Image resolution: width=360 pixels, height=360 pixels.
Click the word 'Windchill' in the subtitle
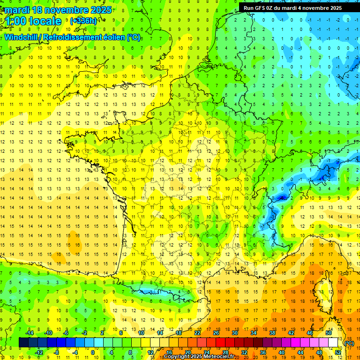pyautogui.click(x=24, y=37)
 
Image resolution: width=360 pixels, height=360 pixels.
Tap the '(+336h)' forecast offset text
pyautogui.click(x=83, y=21)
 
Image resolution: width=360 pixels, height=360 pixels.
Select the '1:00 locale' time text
pyautogui.click(x=33, y=21)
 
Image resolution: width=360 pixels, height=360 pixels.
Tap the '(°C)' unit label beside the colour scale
pyautogui.click(x=349, y=343)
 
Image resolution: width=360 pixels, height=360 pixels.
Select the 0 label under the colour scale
pyautogui.click(x=92, y=352)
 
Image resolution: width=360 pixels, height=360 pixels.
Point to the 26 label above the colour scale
pyautogui.click(x=216, y=332)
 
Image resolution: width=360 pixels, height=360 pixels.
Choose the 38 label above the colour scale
pyautogui.click(x=272, y=332)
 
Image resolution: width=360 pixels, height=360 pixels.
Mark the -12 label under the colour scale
pyautogui.click(x=39, y=352)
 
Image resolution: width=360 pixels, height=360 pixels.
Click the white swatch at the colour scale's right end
pyautogui.click(x=333, y=343)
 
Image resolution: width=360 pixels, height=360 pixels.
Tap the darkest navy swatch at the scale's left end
pyautogui.click(x=23, y=343)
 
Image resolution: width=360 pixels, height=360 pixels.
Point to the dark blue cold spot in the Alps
pyautogui.click(x=281, y=198)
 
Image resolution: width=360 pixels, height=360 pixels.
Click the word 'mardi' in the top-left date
pyautogui.click(x=15, y=9)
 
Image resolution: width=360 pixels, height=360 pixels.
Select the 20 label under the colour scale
pyautogui.click(x=188, y=352)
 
